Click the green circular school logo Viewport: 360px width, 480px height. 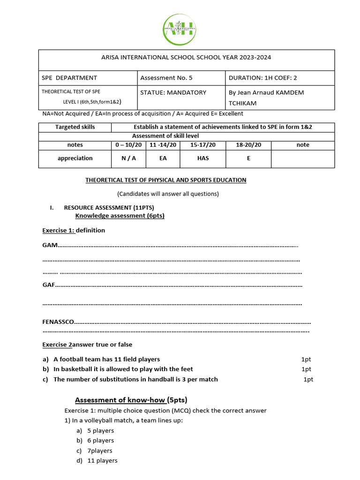(x=180, y=30)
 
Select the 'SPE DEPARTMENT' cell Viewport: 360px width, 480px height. (x=69, y=78)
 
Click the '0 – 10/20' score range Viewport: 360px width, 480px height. (x=128, y=145)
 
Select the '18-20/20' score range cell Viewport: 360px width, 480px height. (x=248, y=145)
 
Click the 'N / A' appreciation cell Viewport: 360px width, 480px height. (x=128, y=158)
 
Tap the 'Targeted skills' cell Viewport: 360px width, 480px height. (x=75, y=127)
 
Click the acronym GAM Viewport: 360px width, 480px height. (x=50, y=245)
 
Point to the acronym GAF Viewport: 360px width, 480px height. (x=49, y=285)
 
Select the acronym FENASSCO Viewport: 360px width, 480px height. (x=58, y=322)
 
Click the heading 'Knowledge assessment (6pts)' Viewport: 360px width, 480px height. (x=120, y=216)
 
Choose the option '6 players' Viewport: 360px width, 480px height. (x=100, y=441)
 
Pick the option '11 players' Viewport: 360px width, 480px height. (x=102, y=461)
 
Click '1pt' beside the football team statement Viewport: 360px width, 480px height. (x=306, y=360)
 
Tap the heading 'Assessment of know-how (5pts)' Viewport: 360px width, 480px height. (x=131, y=400)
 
